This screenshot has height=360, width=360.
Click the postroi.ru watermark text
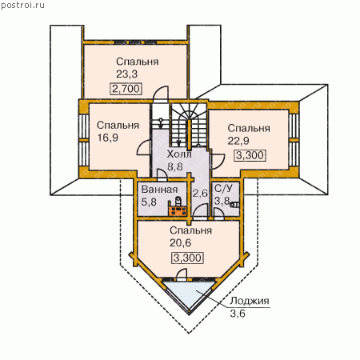pyautogui.click(x=22, y=6)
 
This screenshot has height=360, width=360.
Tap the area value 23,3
pyautogui.click(x=126, y=74)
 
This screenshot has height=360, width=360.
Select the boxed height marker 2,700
pyautogui.click(x=126, y=89)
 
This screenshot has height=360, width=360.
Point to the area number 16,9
pyautogui.click(x=107, y=138)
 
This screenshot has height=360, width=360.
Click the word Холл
pyautogui.click(x=179, y=154)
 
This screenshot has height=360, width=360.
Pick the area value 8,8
pyautogui.click(x=175, y=166)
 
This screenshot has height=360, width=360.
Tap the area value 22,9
pyautogui.click(x=238, y=141)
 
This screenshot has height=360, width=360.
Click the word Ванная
pyautogui.click(x=159, y=190)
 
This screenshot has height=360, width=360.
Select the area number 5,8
pyautogui.click(x=149, y=202)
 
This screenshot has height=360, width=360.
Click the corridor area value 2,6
pyautogui.click(x=200, y=193)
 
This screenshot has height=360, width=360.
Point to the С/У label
pyautogui.click(x=223, y=188)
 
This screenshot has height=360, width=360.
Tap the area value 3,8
pyautogui.click(x=222, y=201)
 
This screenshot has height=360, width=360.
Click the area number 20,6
pyautogui.click(x=180, y=243)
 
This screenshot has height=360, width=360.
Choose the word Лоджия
pyautogui.click(x=250, y=301)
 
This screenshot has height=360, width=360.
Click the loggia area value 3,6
pyautogui.click(x=238, y=314)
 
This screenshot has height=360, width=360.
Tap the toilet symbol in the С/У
pyautogui.click(x=234, y=205)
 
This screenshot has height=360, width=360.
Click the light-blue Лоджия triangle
pyautogui.click(x=190, y=293)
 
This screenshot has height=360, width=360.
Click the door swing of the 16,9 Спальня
pyautogui.click(x=143, y=148)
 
